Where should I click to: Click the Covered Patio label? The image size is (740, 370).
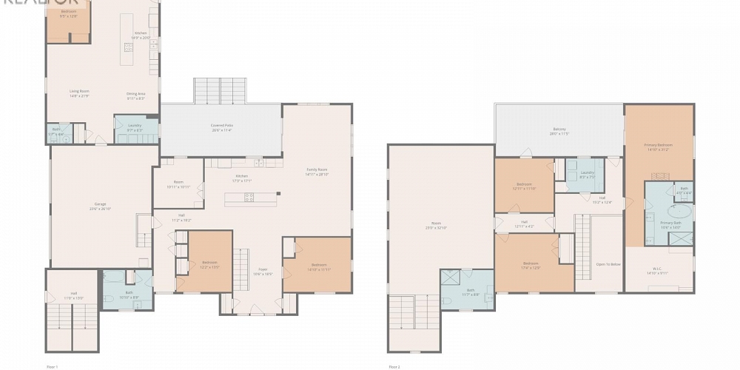point(222,127)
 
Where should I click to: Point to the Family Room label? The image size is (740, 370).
point(317,172)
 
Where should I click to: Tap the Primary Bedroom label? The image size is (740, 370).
point(659,147)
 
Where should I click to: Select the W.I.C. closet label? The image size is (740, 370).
point(659,270)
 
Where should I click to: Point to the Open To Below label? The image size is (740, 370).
point(608,263)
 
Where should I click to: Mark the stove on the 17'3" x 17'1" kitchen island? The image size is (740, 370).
point(249,197)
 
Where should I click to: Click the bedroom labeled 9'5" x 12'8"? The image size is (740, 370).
point(68,14)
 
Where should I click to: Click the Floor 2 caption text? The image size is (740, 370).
point(396,366)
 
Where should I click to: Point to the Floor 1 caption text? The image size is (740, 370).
point(52,366)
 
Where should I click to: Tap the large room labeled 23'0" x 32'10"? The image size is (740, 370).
point(440,225)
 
